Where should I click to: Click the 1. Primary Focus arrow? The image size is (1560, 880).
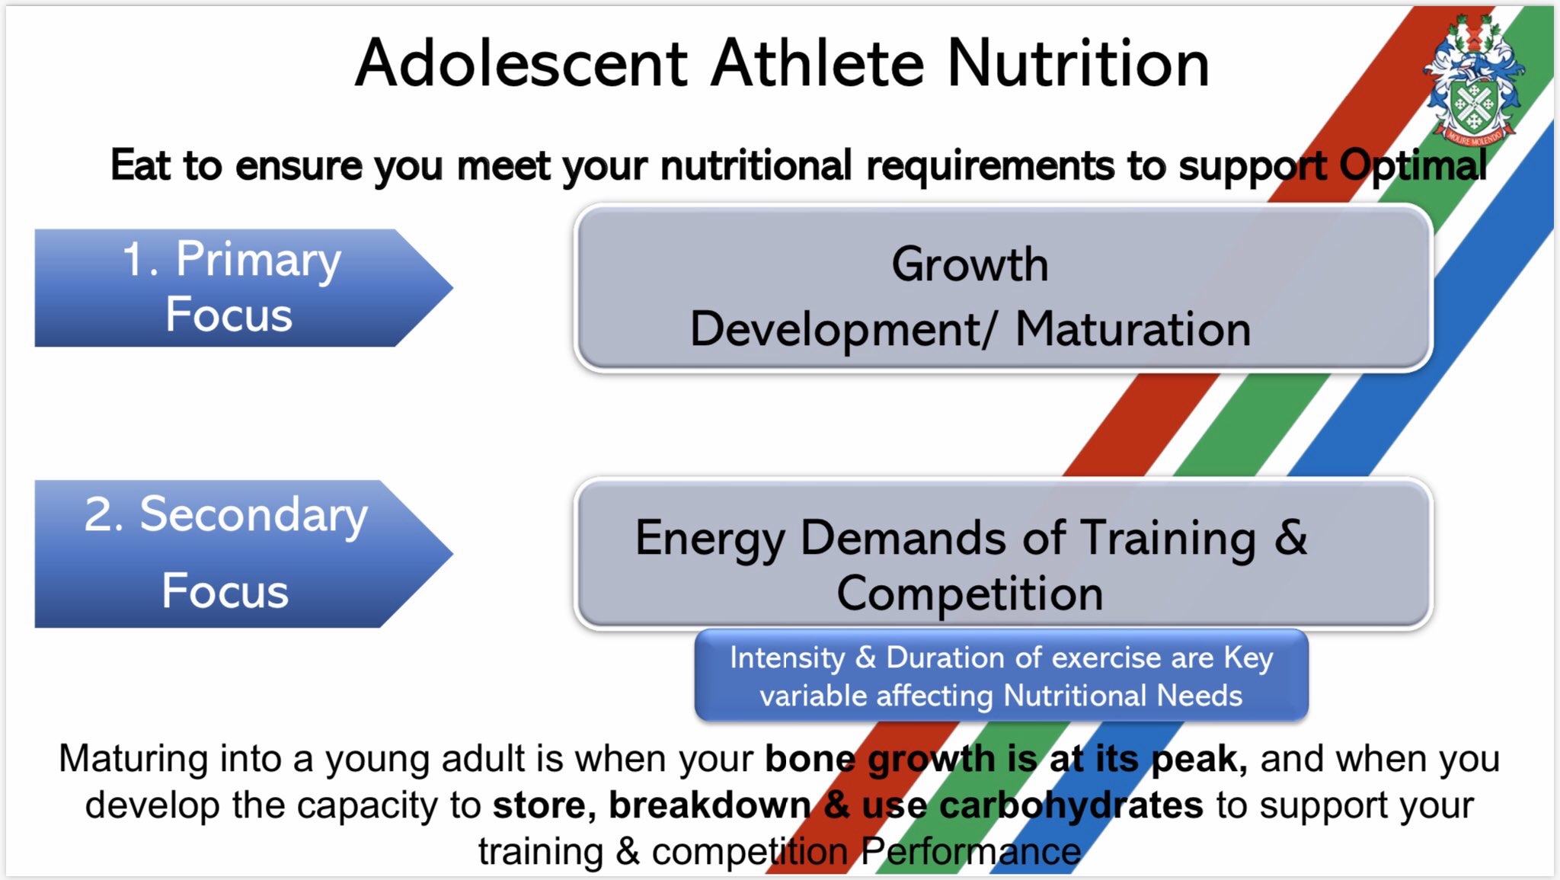pos(244,288)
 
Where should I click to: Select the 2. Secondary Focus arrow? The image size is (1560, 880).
pos(244,554)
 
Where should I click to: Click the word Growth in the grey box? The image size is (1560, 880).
pos(970,264)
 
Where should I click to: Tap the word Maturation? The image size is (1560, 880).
pos(1133,329)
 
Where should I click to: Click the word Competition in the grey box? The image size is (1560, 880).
pos(970,594)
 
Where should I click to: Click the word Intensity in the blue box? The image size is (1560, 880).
pos(788,658)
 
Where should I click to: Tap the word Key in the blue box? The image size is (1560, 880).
pos(1248,658)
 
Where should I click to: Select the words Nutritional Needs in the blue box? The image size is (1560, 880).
pos(1123,696)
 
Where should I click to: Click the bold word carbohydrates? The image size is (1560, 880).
pos(1071,806)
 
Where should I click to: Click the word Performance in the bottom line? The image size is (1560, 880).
pos(971,852)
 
